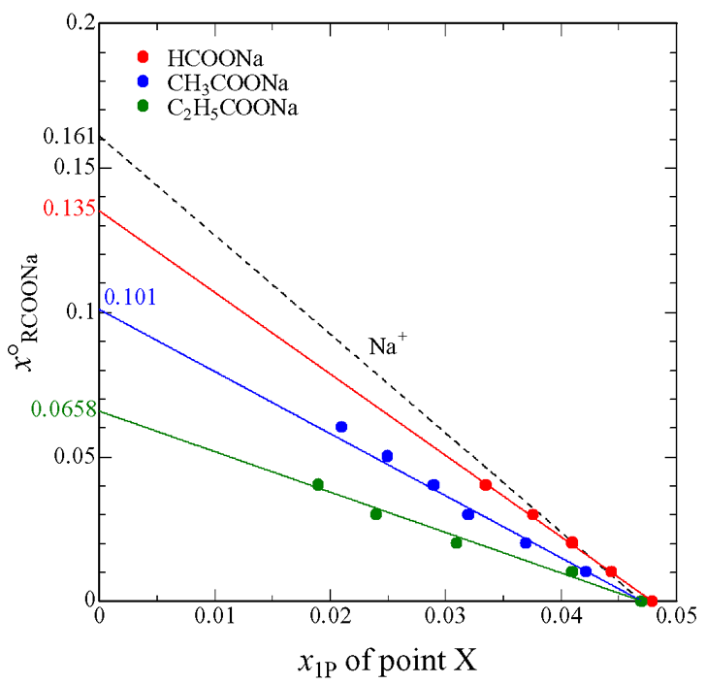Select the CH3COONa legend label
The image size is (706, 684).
pos(222,83)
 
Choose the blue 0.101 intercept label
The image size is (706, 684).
pos(129,298)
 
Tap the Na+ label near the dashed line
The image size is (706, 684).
pos(387,344)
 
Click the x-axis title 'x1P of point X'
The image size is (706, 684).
pos(387,664)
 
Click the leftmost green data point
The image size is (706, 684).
pos(317,485)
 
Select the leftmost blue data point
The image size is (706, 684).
pos(341,427)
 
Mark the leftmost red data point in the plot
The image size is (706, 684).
pos(486,485)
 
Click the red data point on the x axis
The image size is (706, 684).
pos(652,602)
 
